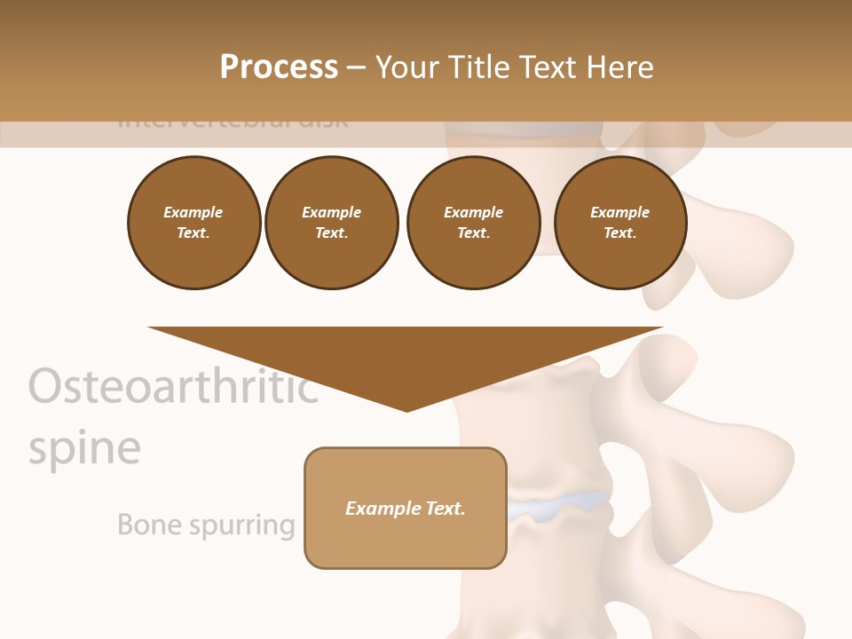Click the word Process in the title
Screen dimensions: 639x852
[279, 67]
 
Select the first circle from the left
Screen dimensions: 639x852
[193, 223]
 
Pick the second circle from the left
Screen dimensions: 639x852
[332, 223]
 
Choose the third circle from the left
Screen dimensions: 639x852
[473, 223]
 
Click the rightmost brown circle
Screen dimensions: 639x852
[620, 223]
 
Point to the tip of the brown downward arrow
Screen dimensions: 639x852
[406, 409]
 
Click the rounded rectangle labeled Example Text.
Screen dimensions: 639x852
[406, 508]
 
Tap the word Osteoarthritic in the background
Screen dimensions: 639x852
[173, 387]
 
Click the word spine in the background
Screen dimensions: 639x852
[84, 448]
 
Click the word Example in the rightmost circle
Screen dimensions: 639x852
[619, 212]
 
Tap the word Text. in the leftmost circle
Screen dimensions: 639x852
[193, 233]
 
